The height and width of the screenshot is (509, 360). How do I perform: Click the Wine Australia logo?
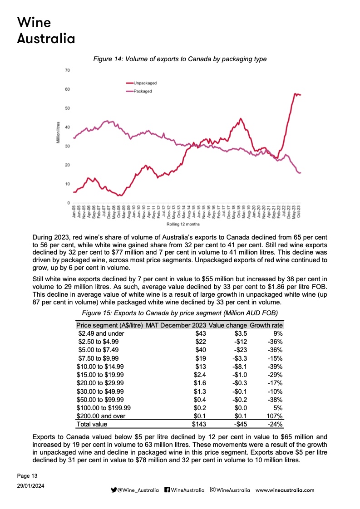tap(45, 30)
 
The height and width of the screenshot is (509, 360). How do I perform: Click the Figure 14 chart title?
tap(180, 59)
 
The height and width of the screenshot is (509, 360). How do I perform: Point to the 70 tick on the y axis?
tap(67, 70)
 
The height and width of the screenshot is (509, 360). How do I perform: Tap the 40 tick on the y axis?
tap(67, 127)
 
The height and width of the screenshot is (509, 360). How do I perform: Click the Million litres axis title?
tap(58, 133)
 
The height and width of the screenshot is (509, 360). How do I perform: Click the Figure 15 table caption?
tap(180, 313)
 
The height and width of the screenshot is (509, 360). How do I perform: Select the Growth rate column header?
tap(266, 325)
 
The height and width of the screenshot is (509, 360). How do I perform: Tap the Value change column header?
tap(228, 325)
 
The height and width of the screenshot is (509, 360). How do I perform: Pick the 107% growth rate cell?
tap(275, 416)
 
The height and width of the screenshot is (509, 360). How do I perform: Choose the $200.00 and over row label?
tap(101, 416)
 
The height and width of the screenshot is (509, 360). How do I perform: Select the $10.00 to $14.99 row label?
tap(100, 367)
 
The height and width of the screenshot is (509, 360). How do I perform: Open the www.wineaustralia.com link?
tap(285, 490)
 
